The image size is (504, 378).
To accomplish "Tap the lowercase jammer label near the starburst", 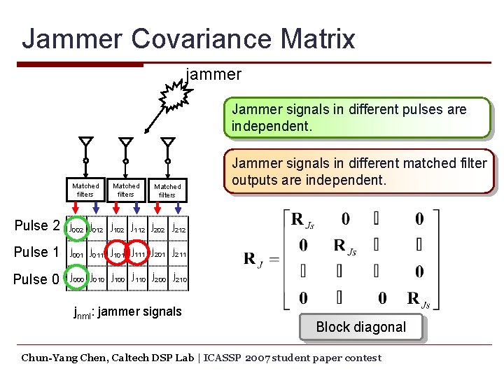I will coord(213,73).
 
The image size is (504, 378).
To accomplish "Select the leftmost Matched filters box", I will coord(85,190).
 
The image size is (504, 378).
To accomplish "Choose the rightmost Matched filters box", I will coord(167,190).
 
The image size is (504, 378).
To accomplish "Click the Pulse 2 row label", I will coord(36,226).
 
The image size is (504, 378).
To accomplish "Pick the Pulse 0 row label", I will coord(36,279).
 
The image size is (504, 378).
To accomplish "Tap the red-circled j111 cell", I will coord(141,253).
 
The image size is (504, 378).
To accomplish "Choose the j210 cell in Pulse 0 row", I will coord(179,279).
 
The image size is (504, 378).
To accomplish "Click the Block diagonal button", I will coord(360,327).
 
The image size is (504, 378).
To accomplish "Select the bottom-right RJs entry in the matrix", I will coord(418,298).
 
